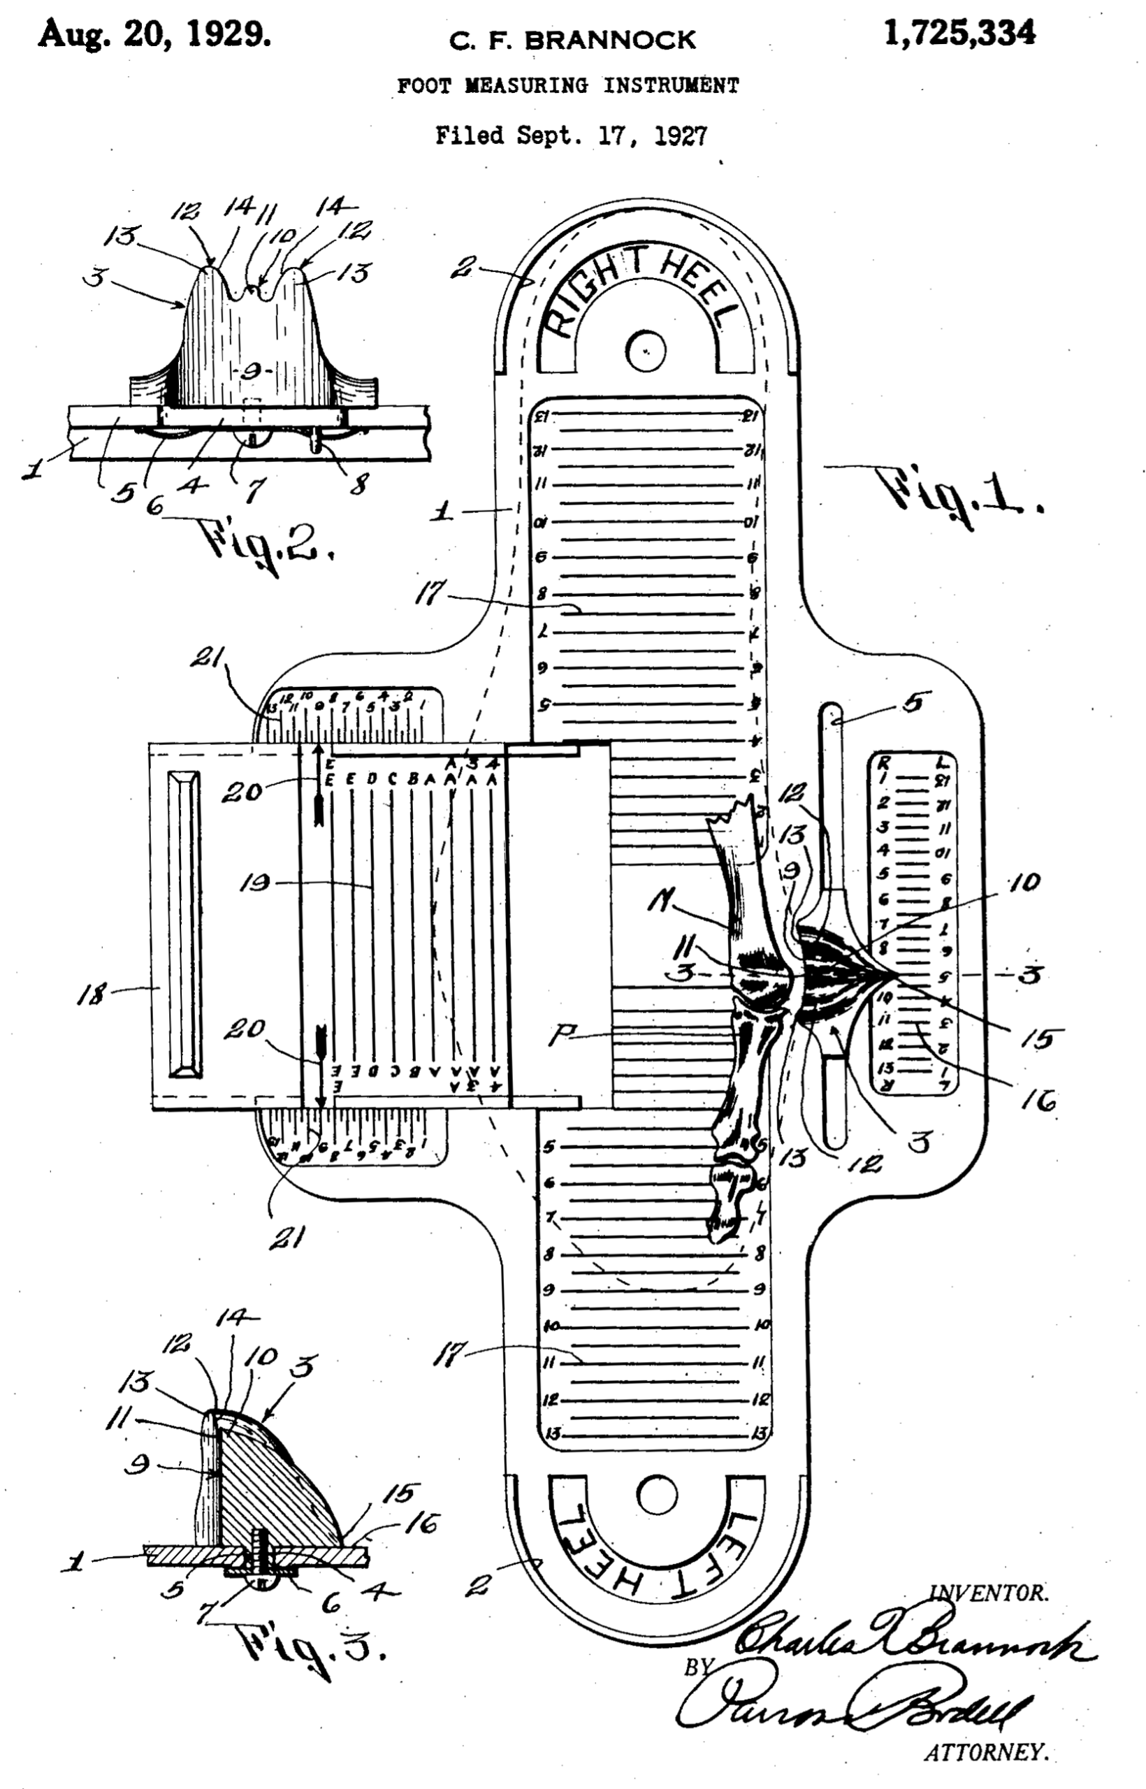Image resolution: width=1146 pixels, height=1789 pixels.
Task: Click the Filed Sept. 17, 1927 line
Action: click(x=571, y=136)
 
